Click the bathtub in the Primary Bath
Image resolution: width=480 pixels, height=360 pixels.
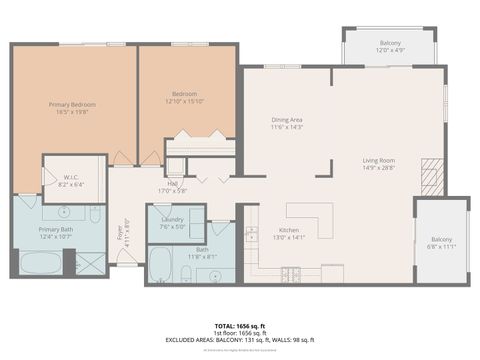(40, 264)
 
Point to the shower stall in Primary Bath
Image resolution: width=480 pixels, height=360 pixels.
(91, 263)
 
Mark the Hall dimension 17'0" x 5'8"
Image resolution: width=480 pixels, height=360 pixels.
(173, 191)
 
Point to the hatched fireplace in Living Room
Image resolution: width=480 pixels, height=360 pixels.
(430, 177)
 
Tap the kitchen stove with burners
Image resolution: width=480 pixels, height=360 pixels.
(291, 273)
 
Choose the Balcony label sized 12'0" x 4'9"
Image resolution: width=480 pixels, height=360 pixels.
(391, 43)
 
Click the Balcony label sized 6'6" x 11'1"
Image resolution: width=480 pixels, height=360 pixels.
(441, 239)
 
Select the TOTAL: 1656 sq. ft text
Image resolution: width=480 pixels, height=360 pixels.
(239, 326)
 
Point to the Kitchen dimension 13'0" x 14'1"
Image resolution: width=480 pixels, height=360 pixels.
(289, 237)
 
